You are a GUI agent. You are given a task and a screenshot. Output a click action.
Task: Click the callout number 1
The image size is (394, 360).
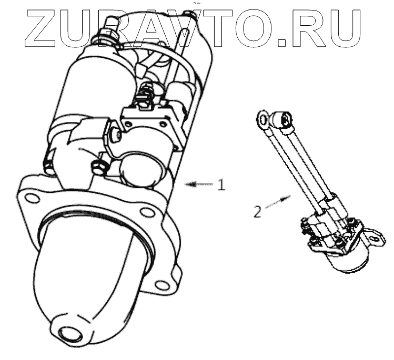point(221,184)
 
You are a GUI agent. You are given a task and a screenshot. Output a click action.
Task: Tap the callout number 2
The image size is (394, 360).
point(258,212)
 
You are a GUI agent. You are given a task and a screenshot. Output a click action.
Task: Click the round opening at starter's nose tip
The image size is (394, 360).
point(68,334)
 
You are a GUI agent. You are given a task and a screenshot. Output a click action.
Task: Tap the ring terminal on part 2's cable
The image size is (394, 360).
point(262,119)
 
